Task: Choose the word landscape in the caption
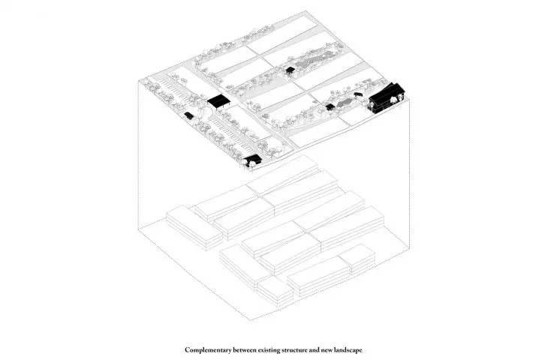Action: coord(348,349)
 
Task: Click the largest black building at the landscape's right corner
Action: coord(387,97)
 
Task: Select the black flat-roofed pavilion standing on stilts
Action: coord(218,100)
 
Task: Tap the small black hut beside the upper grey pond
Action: coord(290,70)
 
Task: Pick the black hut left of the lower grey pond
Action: coord(330,106)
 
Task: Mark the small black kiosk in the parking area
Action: coord(188,115)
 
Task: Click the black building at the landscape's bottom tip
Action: coord(252,161)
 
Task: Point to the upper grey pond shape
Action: coord(312,61)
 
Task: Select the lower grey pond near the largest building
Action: coord(345,103)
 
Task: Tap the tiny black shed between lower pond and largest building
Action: coord(357,94)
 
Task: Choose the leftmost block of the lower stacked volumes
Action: coord(194,227)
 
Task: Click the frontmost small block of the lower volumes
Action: coord(275,292)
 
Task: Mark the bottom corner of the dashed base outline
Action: coord(251,319)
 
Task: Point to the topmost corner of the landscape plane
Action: coord(305,10)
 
